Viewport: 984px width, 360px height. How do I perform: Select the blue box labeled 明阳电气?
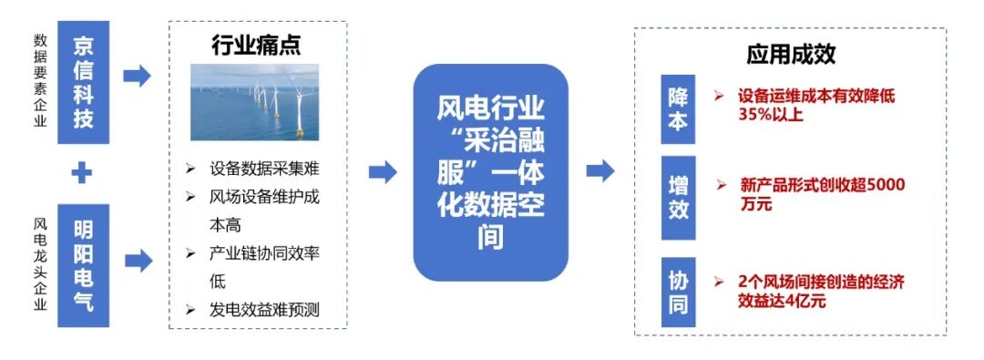point(83,264)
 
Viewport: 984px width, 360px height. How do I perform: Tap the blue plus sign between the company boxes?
point(83,172)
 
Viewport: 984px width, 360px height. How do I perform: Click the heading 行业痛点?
point(256,43)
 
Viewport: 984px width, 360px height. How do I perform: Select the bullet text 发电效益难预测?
point(264,310)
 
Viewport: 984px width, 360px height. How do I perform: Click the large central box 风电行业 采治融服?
point(491,172)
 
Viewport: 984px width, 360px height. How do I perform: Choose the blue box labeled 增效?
point(678,198)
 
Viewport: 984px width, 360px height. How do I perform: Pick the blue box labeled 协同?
point(678,292)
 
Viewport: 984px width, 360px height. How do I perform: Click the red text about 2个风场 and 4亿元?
point(821,291)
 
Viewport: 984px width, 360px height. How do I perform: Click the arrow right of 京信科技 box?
point(138,76)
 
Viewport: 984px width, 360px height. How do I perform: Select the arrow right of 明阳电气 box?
point(138,262)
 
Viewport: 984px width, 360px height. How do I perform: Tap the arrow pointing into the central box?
point(383,170)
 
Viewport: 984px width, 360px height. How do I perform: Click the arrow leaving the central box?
point(600,170)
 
